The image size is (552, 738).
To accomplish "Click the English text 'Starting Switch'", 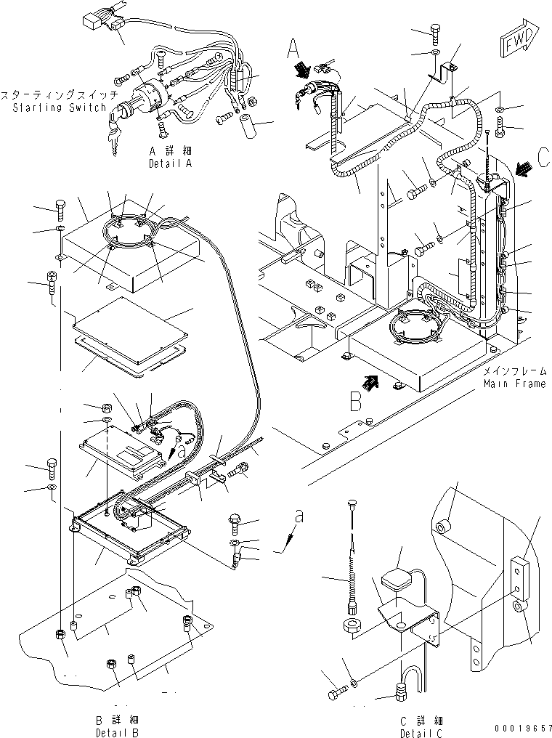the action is tap(60, 108).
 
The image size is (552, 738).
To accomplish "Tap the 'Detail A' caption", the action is tap(170, 163).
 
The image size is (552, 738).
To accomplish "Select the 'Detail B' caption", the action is tap(117, 732).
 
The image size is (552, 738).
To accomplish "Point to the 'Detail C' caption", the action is tap(421, 733).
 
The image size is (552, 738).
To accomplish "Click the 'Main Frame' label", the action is tap(515, 384).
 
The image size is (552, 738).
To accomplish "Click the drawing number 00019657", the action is tap(522, 727).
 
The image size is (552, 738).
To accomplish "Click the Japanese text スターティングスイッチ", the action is tap(60, 96).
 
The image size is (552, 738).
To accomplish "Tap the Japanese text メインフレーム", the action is tap(515, 371).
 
